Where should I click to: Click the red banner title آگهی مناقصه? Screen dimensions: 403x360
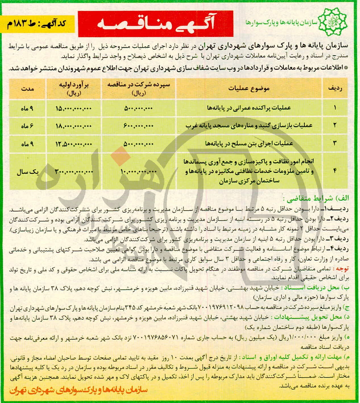coord(155,24)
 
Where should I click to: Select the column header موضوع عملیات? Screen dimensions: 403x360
coord(249,89)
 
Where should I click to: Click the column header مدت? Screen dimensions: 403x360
coord(28,89)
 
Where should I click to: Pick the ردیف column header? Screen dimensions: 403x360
coord(335,89)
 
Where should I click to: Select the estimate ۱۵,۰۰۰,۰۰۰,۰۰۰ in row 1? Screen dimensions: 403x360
coord(73,108)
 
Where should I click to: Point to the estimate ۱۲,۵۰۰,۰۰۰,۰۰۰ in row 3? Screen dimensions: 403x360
coord(73,144)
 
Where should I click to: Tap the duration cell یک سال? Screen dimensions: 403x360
coord(28,172)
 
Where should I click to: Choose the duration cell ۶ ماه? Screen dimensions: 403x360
coord(27,126)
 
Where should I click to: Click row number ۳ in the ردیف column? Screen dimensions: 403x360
coord(335,143)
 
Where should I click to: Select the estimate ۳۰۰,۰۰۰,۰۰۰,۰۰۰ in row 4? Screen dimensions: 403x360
coord(74,171)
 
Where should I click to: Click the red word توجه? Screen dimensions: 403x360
coord(342,268)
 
